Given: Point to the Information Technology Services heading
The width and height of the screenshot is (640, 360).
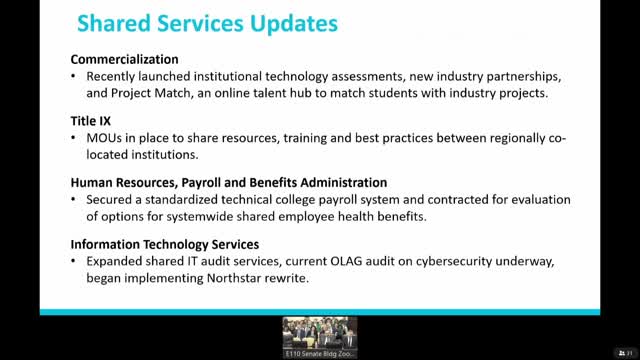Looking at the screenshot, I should (x=165, y=243).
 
